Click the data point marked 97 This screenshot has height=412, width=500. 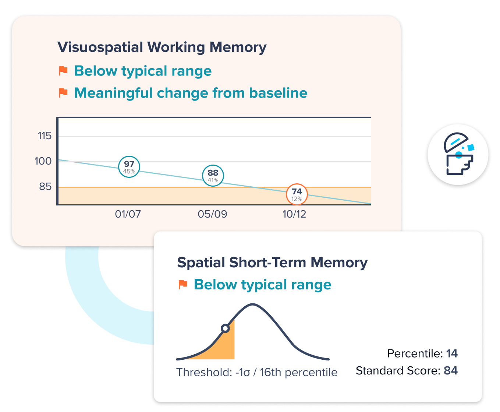tap(129, 167)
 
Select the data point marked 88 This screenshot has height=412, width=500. tap(213, 176)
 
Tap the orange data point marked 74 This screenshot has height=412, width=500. tap(297, 194)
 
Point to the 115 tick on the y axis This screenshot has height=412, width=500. tap(45, 136)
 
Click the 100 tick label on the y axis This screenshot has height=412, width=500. tap(43, 161)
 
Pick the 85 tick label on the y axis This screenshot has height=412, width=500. tap(45, 187)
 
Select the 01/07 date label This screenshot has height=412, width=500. tap(128, 214)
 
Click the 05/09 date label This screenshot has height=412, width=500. tap(212, 214)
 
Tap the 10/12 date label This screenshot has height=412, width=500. tap(294, 214)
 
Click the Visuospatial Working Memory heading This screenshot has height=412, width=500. tap(162, 47)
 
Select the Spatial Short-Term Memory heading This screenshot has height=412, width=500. tap(272, 263)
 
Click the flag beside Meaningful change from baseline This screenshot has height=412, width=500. tap(63, 93)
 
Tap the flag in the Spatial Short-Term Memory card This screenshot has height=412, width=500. tap(183, 285)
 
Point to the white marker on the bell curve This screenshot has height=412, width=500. tap(225, 328)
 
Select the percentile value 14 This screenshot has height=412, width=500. tap(452, 353)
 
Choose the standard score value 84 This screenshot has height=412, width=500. tap(451, 370)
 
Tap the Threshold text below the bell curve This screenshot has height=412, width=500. tap(257, 372)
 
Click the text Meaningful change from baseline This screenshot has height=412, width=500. tap(191, 93)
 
